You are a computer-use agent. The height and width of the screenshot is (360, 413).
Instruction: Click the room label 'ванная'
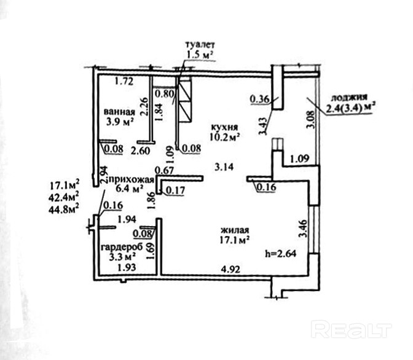click(x=119, y=112)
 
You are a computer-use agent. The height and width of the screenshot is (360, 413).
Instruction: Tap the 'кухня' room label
click(x=224, y=127)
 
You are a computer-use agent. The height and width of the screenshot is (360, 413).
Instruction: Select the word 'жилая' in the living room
click(x=235, y=230)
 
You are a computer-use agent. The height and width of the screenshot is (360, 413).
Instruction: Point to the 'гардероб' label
click(x=122, y=247)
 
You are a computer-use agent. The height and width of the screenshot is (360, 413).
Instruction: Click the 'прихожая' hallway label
click(x=131, y=180)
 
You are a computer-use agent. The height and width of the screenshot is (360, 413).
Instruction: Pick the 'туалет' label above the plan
click(x=200, y=44)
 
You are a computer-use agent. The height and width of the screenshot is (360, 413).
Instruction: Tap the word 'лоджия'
click(x=348, y=98)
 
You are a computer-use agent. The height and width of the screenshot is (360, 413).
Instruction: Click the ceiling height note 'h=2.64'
click(x=280, y=254)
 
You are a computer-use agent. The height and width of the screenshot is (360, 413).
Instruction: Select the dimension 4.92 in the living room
click(x=230, y=269)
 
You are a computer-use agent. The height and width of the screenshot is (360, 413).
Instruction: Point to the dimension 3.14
click(x=224, y=167)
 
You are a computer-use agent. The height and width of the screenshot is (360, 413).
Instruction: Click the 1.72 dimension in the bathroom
click(x=124, y=81)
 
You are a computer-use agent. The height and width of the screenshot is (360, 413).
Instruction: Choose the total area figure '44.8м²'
click(x=64, y=209)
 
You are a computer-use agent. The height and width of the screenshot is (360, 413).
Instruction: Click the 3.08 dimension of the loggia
click(x=311, y=119)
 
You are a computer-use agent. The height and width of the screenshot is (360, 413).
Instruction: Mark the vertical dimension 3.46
click(x=304, y=229)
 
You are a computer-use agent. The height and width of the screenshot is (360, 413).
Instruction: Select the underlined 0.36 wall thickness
click(x=260, y=100)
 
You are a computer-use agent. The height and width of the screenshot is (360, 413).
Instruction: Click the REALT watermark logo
click(x=352, y=329)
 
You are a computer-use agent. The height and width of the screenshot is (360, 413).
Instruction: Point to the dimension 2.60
click(x=141, y=151)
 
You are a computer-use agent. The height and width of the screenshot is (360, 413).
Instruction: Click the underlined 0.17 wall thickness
click(x=175, y=190)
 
